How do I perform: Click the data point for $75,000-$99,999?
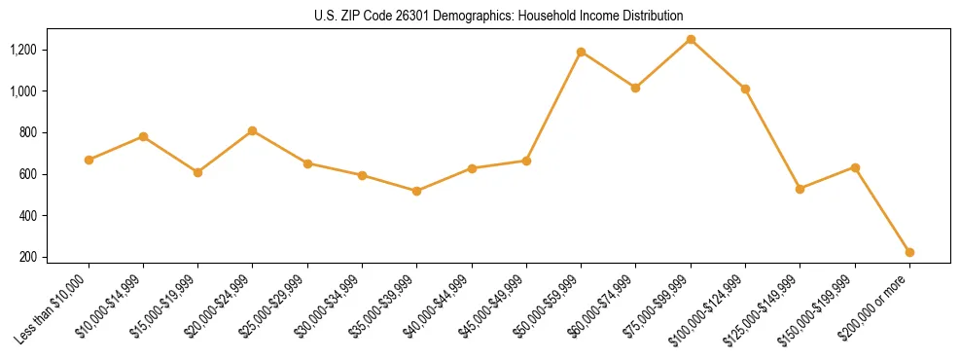coord(691,39)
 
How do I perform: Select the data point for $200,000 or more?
coord(909,252)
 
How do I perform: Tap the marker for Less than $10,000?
coord(89,160)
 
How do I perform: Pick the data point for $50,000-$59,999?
coord(581,52)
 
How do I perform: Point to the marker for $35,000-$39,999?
coord(416,191)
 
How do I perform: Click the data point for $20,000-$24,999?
coord(253,130)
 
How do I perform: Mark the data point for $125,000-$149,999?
coord(800,189)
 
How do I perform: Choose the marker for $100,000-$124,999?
coord(745,89)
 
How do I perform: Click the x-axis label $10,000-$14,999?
coord(113,305)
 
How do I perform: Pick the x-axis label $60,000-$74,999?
coord(605,305)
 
